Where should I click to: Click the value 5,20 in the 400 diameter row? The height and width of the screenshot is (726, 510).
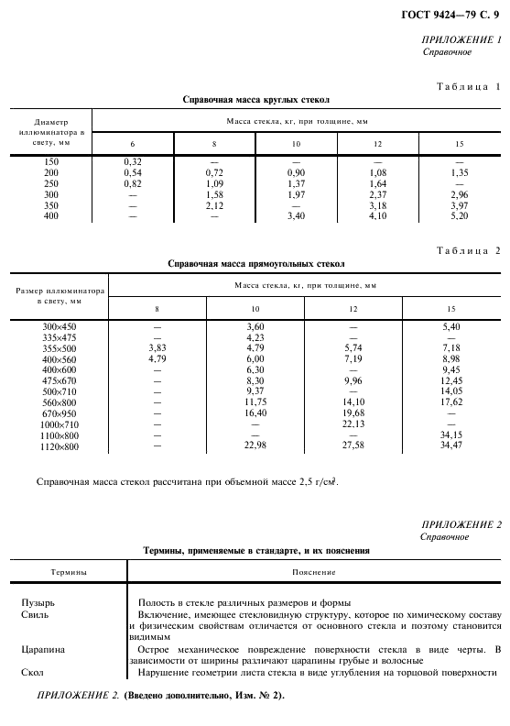pos(460,216)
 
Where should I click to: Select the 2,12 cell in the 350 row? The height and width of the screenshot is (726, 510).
pos(214,205)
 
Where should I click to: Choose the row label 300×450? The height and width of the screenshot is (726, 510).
pos(60,326)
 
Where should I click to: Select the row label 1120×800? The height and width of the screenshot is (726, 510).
pos(60,445)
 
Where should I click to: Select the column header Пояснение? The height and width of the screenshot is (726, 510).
pos(314,572)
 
